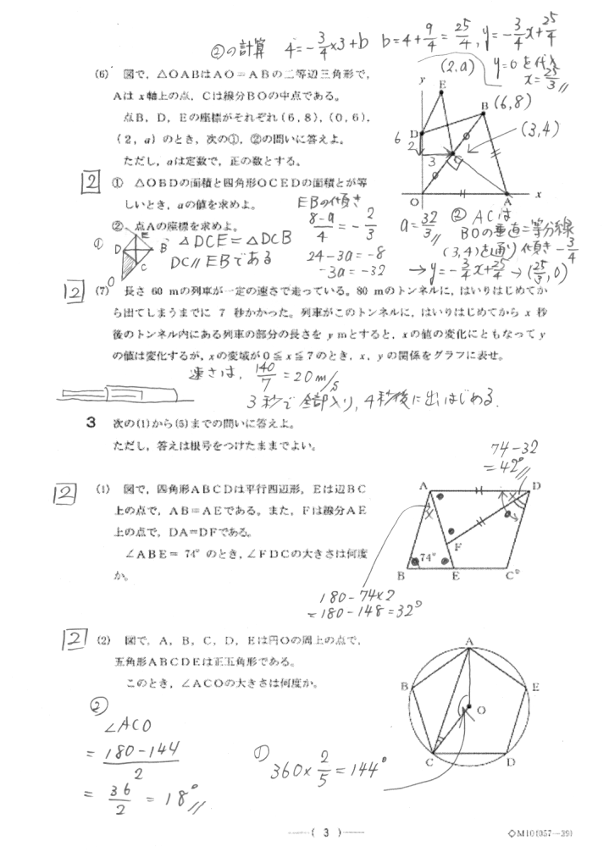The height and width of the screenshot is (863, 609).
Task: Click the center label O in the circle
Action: [479, 711]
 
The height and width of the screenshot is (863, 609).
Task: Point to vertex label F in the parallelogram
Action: [457, 547]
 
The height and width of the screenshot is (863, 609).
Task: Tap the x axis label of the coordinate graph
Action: [538, 194]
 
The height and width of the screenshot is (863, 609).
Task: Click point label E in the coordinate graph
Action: [442, 84]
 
